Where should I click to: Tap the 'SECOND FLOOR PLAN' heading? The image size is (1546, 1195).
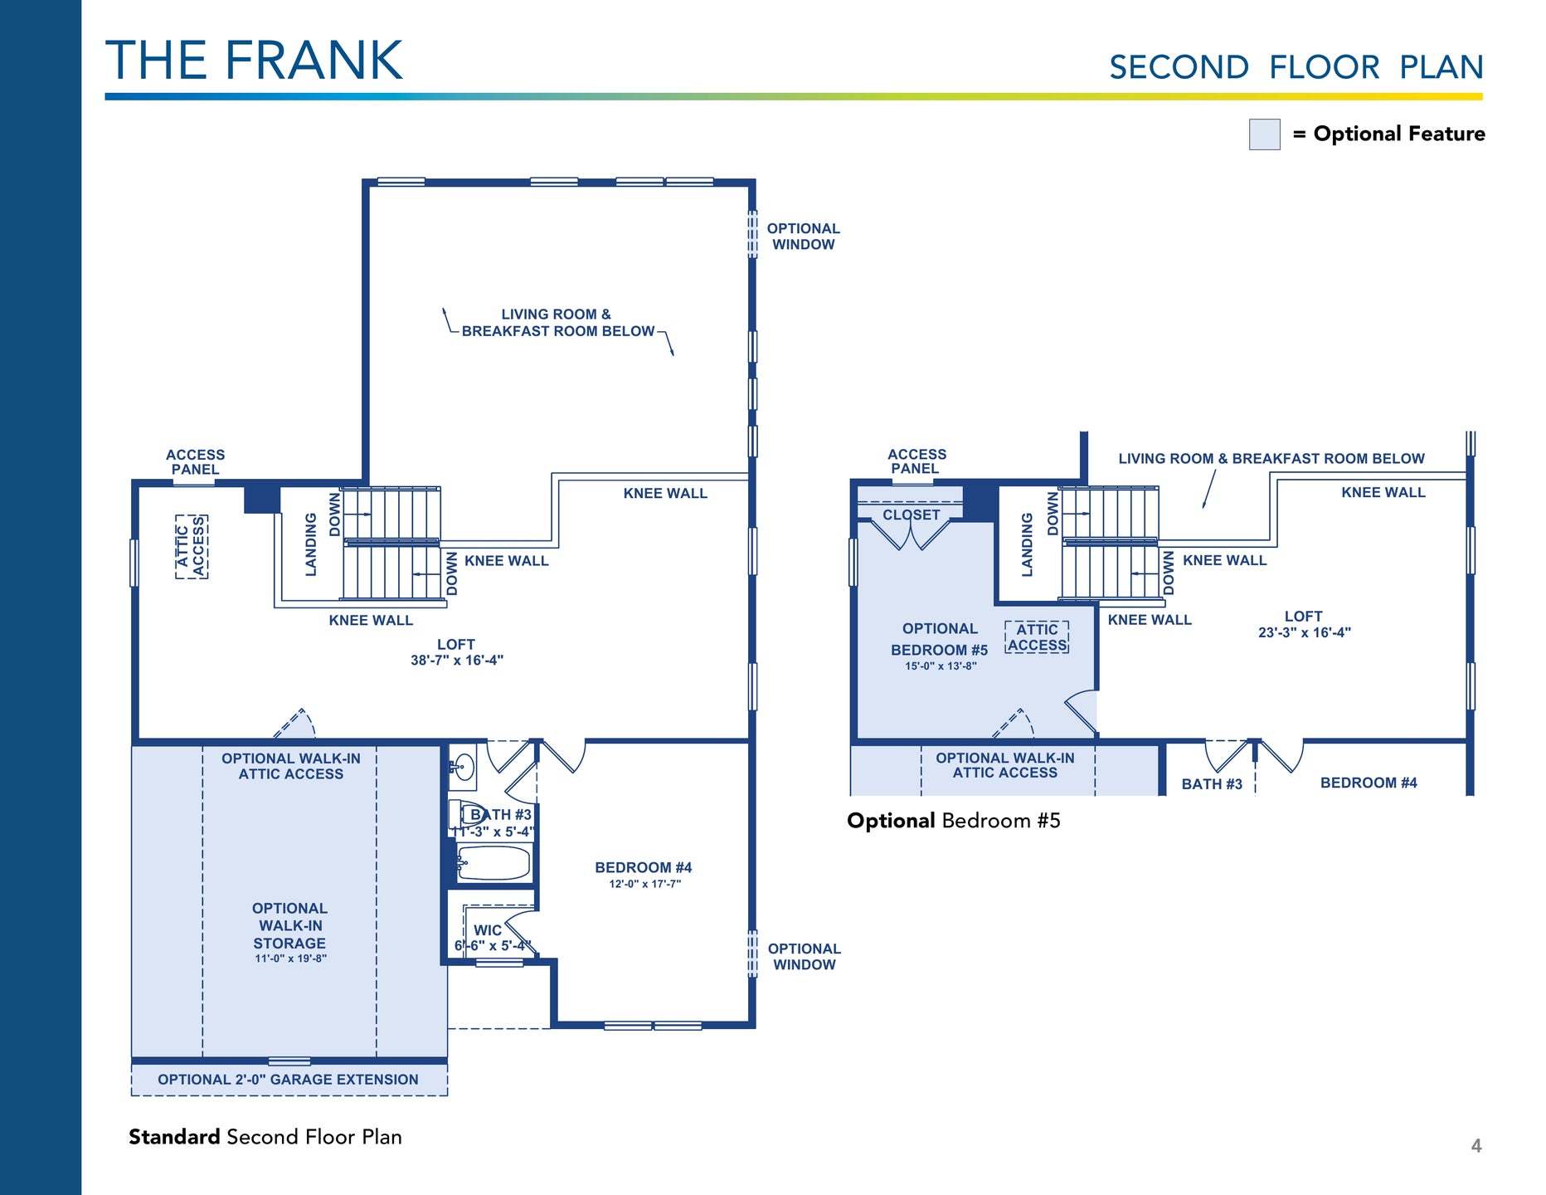click(1296, 67)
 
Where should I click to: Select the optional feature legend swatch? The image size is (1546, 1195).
click(1264, 134)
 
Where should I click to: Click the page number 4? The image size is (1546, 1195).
click(1476, 1146)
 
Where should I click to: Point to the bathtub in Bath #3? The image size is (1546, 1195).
click(493, 863)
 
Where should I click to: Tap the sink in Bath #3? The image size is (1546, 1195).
click(464, 766)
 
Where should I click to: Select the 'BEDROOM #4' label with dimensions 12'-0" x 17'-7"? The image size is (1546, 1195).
click(644, 875)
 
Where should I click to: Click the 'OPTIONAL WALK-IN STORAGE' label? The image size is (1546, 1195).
click(289, 926)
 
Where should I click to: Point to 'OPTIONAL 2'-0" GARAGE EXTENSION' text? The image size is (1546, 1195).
click(288, 1080)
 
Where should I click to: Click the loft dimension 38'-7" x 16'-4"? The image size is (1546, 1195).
click(457, 661)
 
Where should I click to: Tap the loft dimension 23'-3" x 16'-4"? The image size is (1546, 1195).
click(1304, 632)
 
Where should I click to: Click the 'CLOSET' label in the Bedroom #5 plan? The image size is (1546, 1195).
click(911, 515)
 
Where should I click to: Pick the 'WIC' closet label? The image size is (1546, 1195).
click(488, 930)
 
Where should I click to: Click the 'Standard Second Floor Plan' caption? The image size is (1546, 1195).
click(265, 1137)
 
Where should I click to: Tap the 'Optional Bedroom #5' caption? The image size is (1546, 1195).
click(953, 821)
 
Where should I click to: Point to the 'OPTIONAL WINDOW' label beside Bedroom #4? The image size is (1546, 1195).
click(804, 957)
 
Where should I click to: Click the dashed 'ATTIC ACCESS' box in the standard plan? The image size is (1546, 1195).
click(192, 546)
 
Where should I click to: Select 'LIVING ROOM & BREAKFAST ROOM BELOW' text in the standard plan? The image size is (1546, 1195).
click(557, 323)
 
